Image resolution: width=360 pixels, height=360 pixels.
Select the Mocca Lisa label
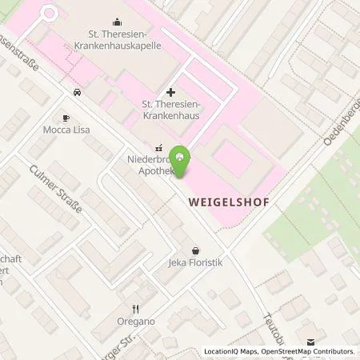pos(66,129)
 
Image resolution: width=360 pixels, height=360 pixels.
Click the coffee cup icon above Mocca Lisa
pos(66,117)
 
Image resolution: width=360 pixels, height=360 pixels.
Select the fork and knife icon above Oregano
pos(135,309)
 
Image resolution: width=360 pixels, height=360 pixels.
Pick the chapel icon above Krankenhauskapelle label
pos(118,22)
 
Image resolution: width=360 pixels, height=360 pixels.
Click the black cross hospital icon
pos(170,93)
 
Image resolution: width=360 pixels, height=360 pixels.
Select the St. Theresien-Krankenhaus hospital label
pos(170,110)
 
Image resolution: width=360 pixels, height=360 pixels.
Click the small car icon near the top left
pos(77,92)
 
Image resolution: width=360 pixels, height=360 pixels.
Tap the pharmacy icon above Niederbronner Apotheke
pos(158,147)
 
